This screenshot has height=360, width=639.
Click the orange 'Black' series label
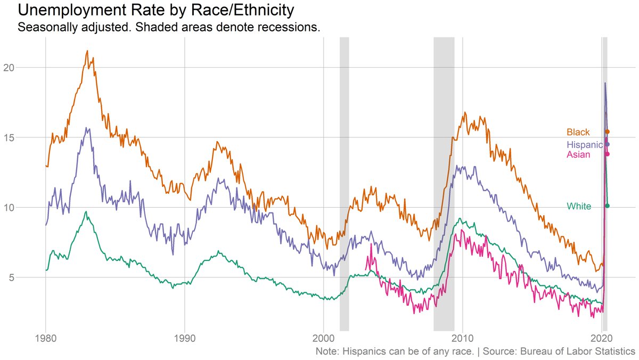point(578,132)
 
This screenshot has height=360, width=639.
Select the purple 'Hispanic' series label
point(584,145)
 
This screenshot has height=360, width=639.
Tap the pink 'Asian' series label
point(578,154)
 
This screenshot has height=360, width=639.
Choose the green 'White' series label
point(578,206)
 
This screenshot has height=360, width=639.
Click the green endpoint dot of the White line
point(607,206)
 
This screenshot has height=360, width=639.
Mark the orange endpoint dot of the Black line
point(607,132)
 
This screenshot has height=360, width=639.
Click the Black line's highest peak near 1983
point(87,51)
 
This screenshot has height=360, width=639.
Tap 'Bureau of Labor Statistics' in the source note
point(580,351)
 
